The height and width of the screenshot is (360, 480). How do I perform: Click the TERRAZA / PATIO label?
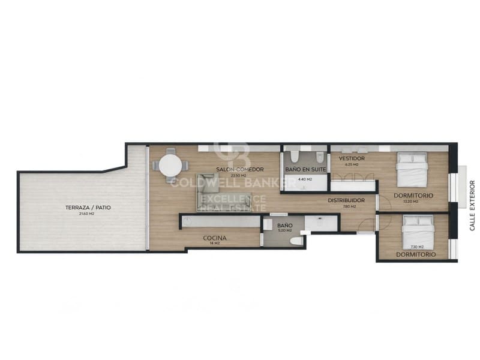pos(88,208)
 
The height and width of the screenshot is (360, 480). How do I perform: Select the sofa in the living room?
pos(211,192)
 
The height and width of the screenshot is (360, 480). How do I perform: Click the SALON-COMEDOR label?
pos(240,169)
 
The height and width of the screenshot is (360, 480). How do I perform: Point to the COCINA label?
pos(214,238)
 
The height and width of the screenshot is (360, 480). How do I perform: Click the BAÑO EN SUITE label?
pos(305,170)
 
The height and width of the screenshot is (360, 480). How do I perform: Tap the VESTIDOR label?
pos(352,158)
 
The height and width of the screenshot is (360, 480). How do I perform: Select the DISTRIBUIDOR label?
pos(346,200)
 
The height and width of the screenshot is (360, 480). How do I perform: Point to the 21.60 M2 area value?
pos(88,214)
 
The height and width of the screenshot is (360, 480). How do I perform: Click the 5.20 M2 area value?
pos(284,230)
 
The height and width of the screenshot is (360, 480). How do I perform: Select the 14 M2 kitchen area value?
pos(214,243)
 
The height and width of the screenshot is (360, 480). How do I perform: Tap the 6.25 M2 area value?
pos(352,164)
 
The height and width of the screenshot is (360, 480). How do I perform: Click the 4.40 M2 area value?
pos(305,179)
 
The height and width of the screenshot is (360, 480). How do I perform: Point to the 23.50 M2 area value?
pos(240,175)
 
